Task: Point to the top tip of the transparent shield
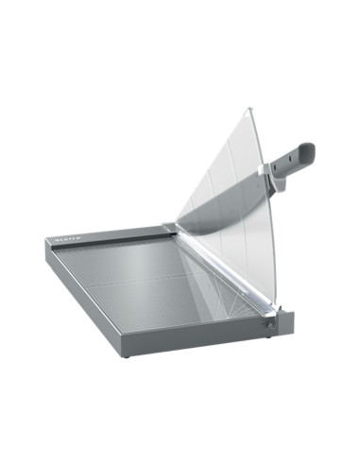pyautogui.click(x=247, y=110)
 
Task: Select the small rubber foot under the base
pyautogui.click(x=124, y=357)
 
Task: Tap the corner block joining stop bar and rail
pyautogui.click(x=169, y=228)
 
